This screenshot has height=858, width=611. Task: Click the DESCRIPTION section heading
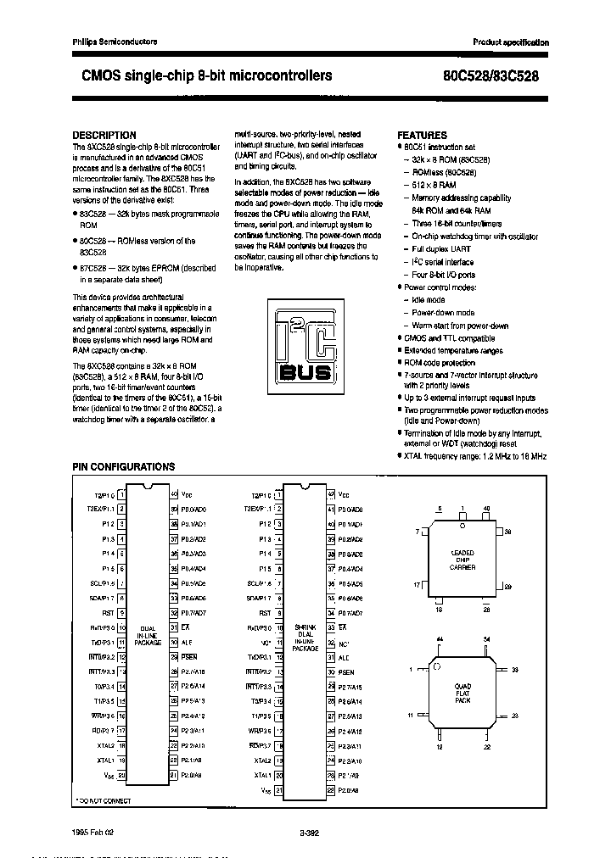pos(104,135)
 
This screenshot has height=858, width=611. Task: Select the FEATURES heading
pos(422,135)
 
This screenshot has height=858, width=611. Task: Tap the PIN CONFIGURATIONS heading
pos(123,467)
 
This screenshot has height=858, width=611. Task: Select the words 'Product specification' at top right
pos(511,42)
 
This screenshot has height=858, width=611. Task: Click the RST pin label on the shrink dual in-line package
pos(266,612)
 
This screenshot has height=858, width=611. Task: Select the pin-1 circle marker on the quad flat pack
pos(435,668)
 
